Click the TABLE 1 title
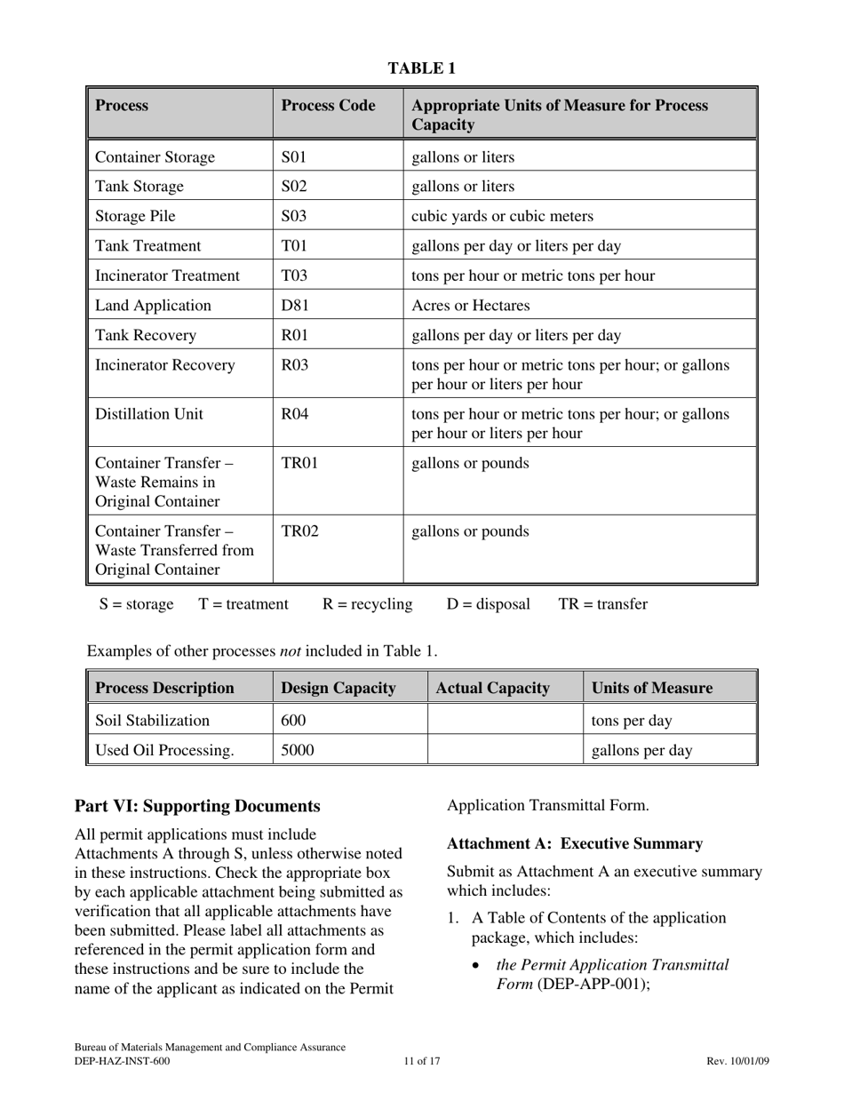click(x=422, y=68)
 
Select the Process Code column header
click(x=328, y=106)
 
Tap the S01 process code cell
click(x=293, y=157)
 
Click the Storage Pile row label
click(x=135, y=216)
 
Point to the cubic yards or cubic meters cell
click(x=502, y=216)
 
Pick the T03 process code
click(x=293, y=275)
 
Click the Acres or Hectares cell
click(x=470, y=306)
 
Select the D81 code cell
click(x=294, y=306)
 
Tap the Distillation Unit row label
click(x=148, y=414)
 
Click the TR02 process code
click(x=299, y=531)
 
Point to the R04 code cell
click(x=294, y=414)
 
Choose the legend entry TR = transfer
click(x=602, y=604)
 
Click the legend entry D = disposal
click(x=488, y=604)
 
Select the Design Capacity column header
click(x=338, y=688)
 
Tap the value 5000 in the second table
click(x=298, y=750)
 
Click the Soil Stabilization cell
click(x=152, y=720)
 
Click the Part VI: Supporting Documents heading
click(x=197, y=806)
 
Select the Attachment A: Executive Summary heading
click(x=575, y=843)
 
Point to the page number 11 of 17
click(x=421, y=1061)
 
